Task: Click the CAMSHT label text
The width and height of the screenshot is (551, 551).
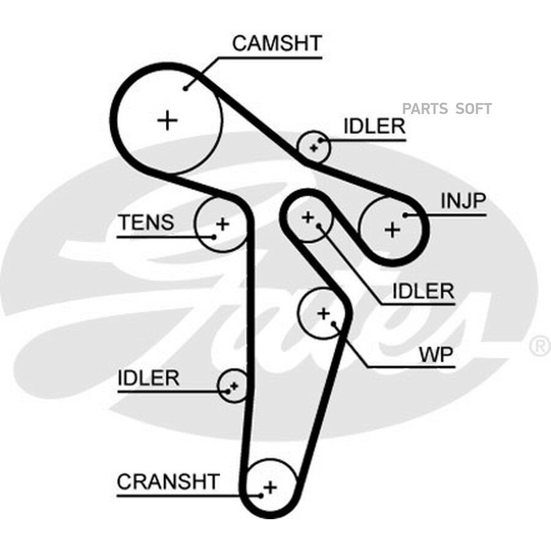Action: click(x=277, y=43)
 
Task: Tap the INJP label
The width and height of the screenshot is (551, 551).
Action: click(x=463, y=201)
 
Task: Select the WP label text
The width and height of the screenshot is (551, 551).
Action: click(x=437, y=355)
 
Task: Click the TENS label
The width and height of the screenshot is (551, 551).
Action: click(x=146, y=222)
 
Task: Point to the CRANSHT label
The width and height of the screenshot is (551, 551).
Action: click(x=168, y=481)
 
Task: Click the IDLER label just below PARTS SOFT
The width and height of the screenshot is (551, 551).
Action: click(x=374, y=126)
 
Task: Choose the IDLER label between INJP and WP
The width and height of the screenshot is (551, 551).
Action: click(x=423, y=291)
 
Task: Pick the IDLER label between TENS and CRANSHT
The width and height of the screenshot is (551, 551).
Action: click(x=149, y=378)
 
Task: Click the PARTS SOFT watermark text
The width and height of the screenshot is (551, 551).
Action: click(x=447, y=108)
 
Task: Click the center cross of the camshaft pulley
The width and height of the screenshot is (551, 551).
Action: click(x=168, y=121)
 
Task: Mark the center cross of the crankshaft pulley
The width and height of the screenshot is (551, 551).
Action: click(x=270, y=488)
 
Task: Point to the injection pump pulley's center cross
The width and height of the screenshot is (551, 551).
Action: click(x=392, y=230)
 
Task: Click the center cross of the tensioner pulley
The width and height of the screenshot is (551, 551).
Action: click(x=222, y=224)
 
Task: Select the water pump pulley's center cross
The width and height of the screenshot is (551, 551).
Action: click(x=323, y=313)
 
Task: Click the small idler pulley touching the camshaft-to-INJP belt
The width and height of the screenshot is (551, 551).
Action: click(x=313, y=146)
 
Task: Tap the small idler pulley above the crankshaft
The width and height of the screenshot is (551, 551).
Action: click(x=233, y=386)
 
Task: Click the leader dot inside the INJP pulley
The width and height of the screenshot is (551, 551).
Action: click(x=405, y=215)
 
